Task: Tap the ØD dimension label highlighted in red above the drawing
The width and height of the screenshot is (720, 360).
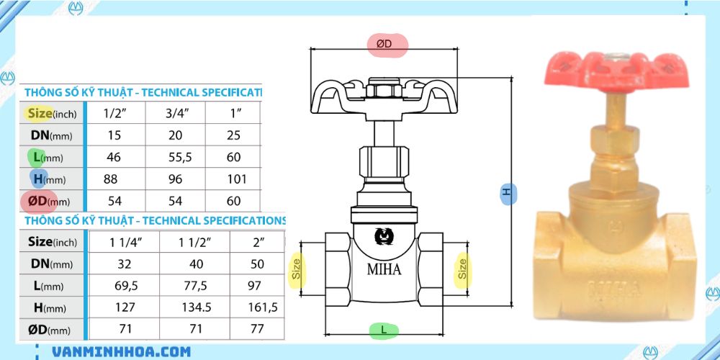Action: tap(387, 44)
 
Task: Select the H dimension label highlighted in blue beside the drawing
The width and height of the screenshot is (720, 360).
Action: tap(507, 192)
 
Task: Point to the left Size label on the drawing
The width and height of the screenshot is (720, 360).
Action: tap(296, 269)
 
